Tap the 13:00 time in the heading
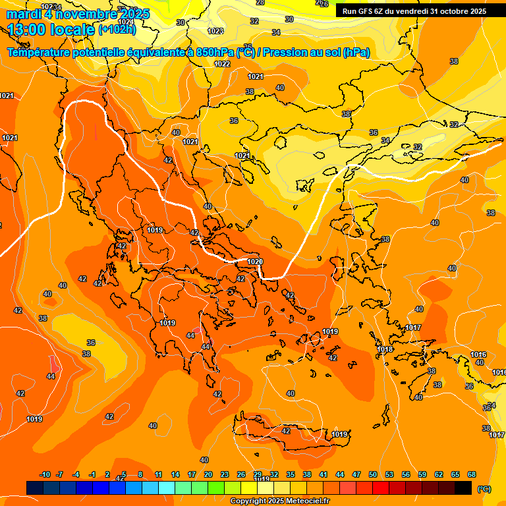click(x=29, y=29)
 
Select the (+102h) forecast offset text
click(x=117, y=30)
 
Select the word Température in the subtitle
click(x=40, y=53)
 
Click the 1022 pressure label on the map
click(x=222, y=64)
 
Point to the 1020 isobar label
click(x=255, y=262)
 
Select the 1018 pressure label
click(x=385, y=349)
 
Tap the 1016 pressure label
click(x=478, y=354)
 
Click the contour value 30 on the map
click(x=181, y=22)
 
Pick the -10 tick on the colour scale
click(x=45, y=474)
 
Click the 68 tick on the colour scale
click(x=472, y=474)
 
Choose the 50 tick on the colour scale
click(x=373, y=474)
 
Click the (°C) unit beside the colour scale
click(x=484, y=488)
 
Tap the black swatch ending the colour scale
click(x=463, y=488)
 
